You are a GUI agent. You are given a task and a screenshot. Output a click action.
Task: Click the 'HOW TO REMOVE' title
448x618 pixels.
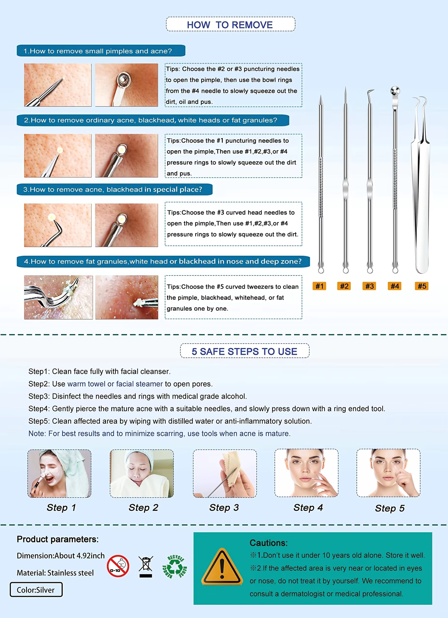tap(230, 25)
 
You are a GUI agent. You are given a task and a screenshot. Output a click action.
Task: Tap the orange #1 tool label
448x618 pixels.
tap(319, 286)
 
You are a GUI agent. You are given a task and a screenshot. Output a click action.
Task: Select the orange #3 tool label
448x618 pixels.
tap(370, 286)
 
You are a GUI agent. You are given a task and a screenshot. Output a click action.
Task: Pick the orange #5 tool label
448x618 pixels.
tap(422, 286)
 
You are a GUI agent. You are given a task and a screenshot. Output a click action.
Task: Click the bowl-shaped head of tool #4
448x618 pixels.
tap(395, 91)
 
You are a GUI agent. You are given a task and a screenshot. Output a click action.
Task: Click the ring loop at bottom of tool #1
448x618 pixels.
tap(321, 270)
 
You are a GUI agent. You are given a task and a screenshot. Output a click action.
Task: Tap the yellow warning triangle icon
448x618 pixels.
tap(222, 568)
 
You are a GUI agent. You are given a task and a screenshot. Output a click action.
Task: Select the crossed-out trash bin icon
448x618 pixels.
tap(146, 567)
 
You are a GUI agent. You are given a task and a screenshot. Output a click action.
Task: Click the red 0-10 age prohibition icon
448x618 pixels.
tap(118, 566)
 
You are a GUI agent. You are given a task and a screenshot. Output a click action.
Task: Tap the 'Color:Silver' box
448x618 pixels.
tap(36, 590)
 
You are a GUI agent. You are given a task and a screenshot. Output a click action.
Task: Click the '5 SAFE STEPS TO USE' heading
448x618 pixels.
tap(244, 351)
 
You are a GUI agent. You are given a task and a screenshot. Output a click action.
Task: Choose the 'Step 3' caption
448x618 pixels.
tap(224, 507)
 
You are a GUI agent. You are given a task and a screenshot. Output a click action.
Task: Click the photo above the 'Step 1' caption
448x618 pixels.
tap(59, 474)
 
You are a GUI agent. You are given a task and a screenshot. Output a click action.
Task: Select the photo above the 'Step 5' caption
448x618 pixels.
tap(388, 473)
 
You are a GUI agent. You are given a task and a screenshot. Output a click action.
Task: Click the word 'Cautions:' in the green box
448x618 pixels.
tap(269, 543)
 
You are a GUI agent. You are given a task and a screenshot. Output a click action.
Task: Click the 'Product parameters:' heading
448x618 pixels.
tap(57, 539)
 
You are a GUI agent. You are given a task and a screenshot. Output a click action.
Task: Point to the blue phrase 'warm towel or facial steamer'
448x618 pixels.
tap(115, 384)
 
